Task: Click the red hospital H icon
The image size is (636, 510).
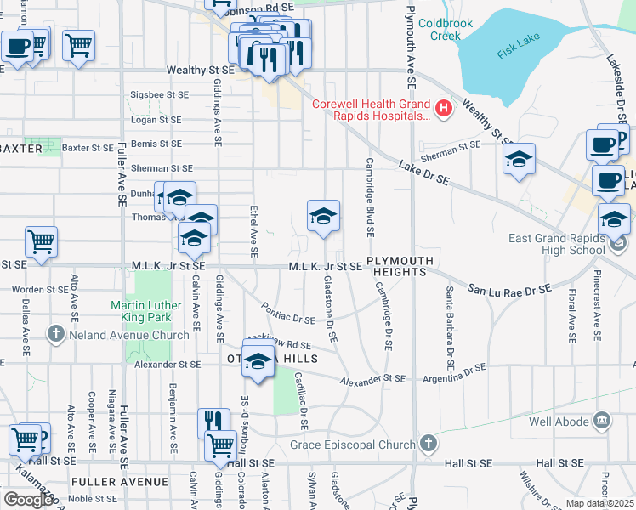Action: tap(442, 108)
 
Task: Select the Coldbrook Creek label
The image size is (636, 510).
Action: tap(440, 29)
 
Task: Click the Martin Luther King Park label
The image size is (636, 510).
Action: tap(146, 311)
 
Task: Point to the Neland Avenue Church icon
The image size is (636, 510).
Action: tap(57, 333)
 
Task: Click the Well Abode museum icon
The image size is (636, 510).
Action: tap(602, 420)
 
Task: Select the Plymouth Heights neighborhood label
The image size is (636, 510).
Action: tap(400, 265)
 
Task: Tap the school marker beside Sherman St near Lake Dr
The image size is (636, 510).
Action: tap(518, 159)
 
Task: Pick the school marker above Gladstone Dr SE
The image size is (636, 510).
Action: tap(323, 217)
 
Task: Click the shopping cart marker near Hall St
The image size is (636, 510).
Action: tap(220, 443)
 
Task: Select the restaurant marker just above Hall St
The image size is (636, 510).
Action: tap(213, 422)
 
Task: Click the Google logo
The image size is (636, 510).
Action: tap(28, 500)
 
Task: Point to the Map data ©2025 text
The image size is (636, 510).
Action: tap(599, 503)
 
